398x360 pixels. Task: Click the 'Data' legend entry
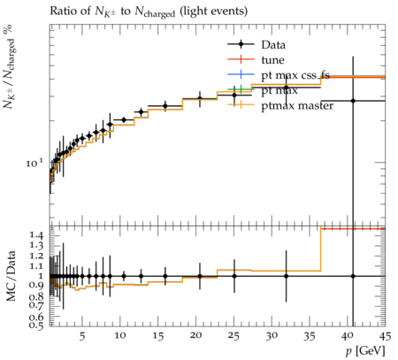(273, 45)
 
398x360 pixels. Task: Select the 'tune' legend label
(272, 60)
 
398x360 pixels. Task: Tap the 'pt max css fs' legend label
(295, 75)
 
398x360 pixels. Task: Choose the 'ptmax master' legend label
(297, 106)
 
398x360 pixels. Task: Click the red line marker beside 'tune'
(241, 59)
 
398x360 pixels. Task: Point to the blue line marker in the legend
(241, 74)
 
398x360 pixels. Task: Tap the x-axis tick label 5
(82, 336)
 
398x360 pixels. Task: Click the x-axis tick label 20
(195, 335)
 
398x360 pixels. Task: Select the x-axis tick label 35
(310, 336)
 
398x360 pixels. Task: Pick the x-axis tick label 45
(385, 336)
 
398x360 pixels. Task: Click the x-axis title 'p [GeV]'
(365, 351)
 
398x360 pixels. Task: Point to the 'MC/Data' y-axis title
(11, 276)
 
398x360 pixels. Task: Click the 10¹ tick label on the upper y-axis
(34, 163)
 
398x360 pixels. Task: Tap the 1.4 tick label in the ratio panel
(36, 235)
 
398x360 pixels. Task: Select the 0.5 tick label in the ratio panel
(36, 325)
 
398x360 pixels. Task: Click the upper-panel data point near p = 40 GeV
(353, 101)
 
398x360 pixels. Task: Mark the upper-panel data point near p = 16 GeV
(165, 106)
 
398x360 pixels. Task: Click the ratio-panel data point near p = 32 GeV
(286, 276)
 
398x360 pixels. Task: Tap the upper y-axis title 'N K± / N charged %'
(10, 66)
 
